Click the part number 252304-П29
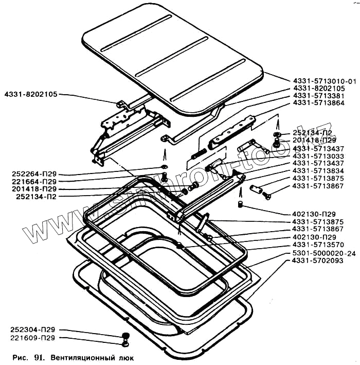33,330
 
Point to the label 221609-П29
33,338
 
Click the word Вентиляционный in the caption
85,356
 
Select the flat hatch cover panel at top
170,57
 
